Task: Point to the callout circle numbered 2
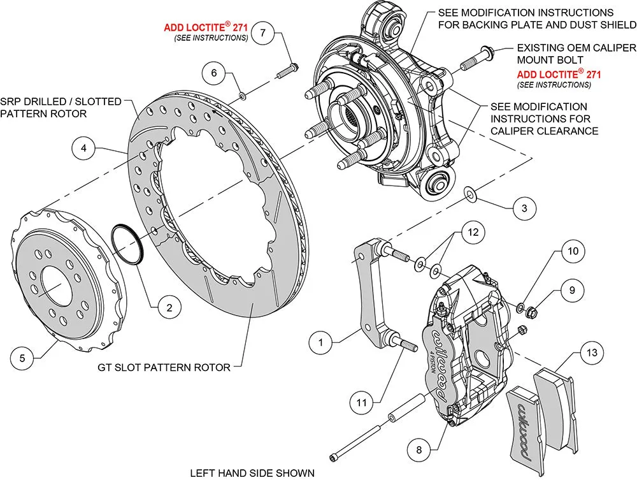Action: [169, 308]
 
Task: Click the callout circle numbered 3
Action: [524, 208]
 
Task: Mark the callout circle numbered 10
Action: [573, 252]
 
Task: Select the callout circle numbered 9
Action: [571, 290]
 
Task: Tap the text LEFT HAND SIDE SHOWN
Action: [252, 472]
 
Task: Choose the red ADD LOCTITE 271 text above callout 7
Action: [205, 27]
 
